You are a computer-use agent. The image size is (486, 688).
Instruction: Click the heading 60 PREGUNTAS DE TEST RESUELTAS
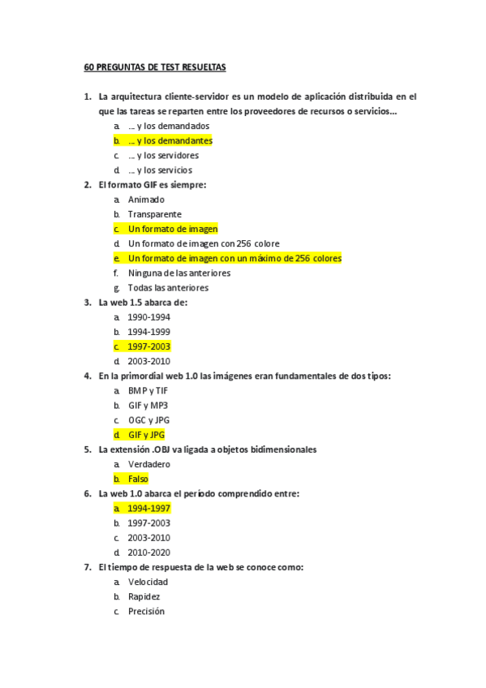[x=156, y=67]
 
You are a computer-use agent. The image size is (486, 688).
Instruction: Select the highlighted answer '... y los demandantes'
[x=170, y=141]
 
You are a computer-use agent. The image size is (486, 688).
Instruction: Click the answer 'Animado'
[x=146, y=200]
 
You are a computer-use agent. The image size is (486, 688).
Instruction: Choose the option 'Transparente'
[x=154, y=214]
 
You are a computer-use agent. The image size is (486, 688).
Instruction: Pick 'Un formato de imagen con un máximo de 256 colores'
[x=234, y=259]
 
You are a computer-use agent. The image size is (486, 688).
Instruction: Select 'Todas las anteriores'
[x=167, y=288]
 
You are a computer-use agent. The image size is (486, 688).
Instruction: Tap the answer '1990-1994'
[x=149, y=317]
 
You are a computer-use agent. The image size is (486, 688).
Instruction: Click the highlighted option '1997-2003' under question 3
[x=149, y=346]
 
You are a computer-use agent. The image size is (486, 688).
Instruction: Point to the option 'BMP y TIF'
[x=148, y=391]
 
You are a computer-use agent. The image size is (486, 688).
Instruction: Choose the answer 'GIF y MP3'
[x=148, y=406]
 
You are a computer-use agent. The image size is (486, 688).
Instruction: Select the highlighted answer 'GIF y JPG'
[x=146, y=435]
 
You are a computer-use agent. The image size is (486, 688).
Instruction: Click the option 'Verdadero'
[x=149, y=464]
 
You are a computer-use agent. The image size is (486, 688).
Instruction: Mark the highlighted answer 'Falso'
[x=138, y=479]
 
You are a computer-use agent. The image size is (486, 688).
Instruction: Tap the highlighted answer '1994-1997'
[x=149, y=509]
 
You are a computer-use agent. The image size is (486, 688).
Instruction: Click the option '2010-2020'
[x=149, y=553]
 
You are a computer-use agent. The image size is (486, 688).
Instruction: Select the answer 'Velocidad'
[x=148, y=582]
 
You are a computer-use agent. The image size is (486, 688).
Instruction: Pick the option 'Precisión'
[x=146, y=611]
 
